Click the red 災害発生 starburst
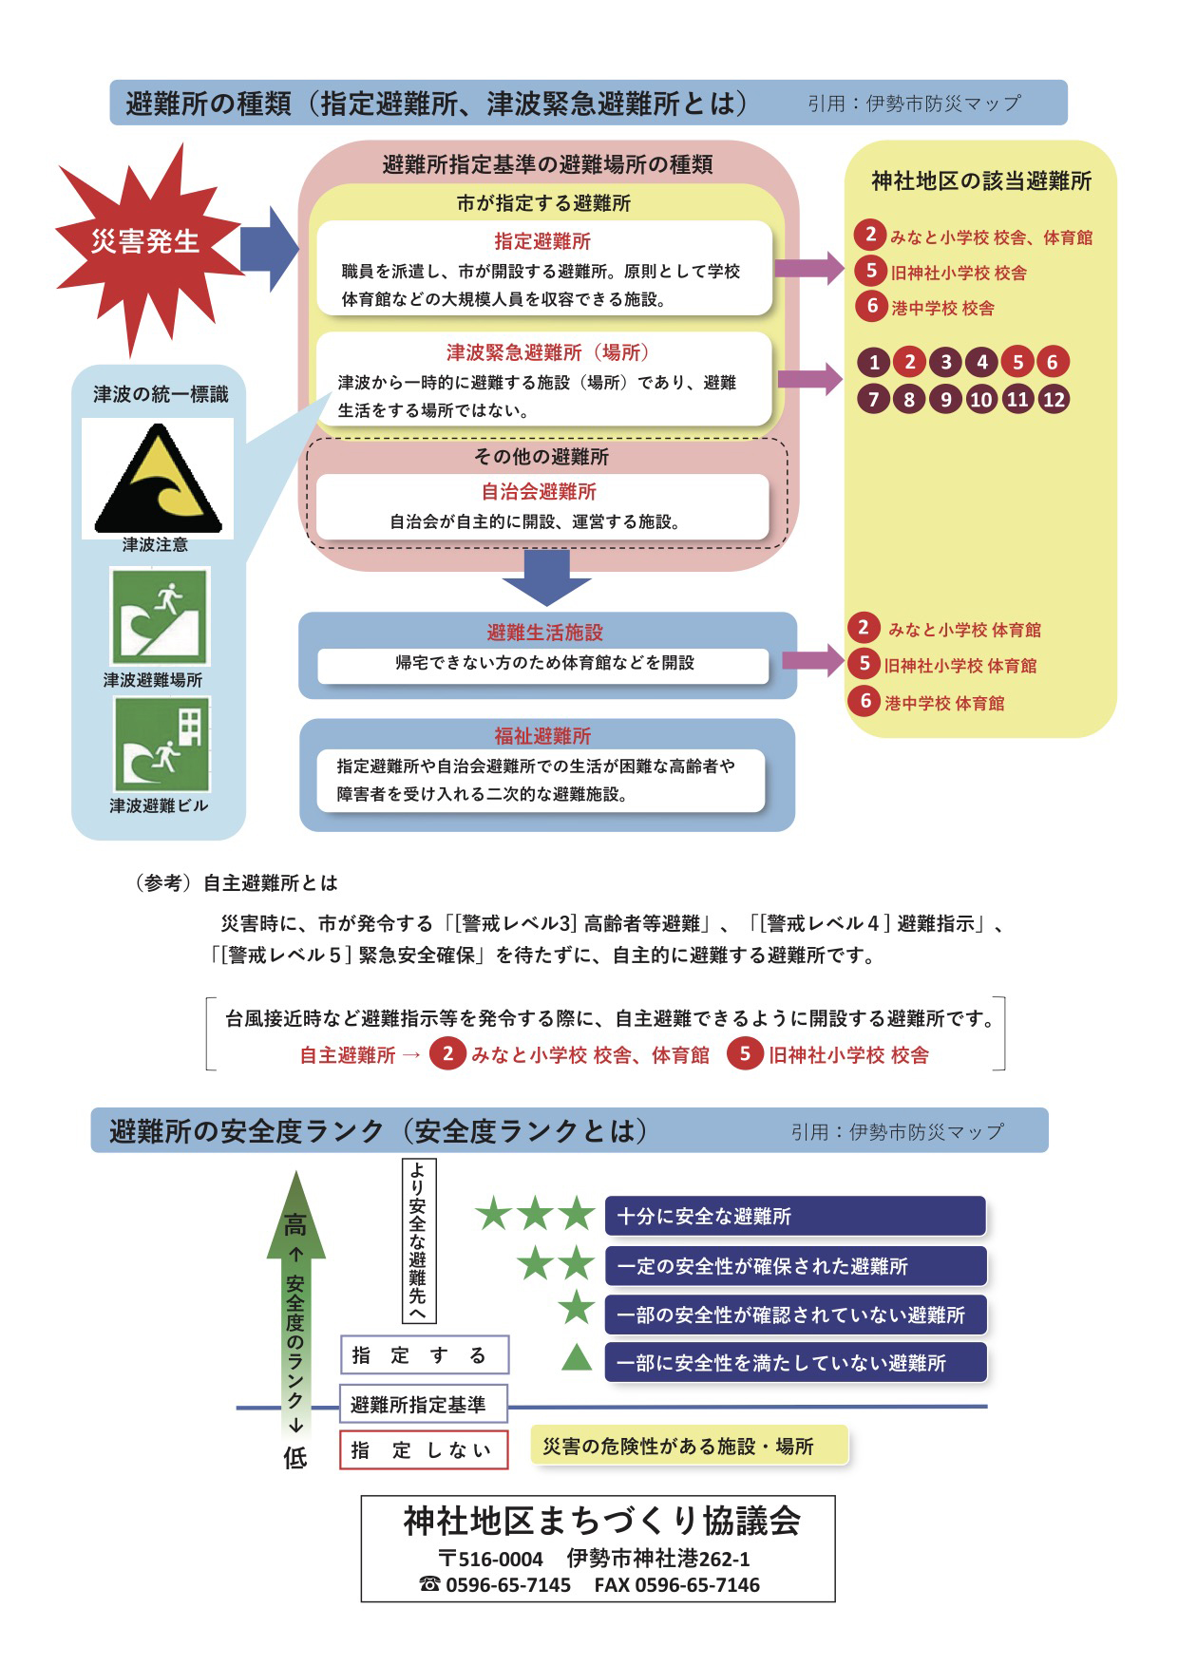coord(144,242)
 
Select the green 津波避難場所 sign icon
coord(159,616)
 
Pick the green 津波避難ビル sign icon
coord(161,745)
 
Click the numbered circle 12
coord(1054,399)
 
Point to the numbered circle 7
coord(874,399)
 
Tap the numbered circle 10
coord(981,399)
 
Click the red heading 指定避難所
coord(542,241)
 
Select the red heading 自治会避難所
coord(539,492)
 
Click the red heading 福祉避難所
coord(542,736)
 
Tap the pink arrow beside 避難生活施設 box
coord(811,661)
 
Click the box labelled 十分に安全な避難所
coord(795,1216)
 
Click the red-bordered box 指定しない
coord(424,1450)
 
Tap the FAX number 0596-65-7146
coord(676,1585)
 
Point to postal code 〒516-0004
coord(490,1559)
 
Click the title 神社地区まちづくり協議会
coord(601,1522)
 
